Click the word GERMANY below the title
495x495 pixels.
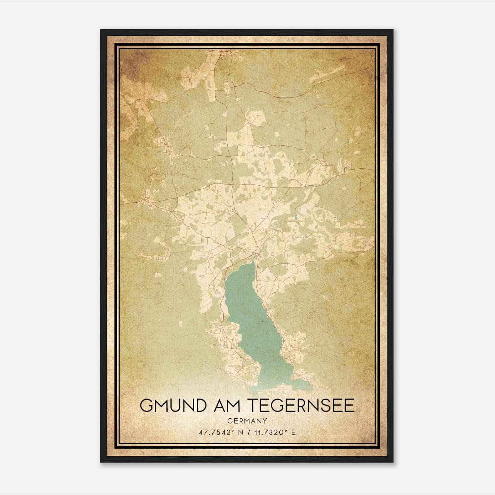(x=247, y=421)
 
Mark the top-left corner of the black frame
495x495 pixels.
(x=101, y=30)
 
